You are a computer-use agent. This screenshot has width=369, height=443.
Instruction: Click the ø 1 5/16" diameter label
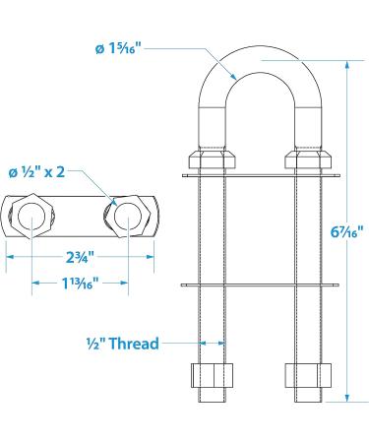point(118,49)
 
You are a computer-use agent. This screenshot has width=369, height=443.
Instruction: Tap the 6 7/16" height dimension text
point(347,232)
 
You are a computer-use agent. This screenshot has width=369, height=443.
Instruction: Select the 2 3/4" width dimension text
point(81,257)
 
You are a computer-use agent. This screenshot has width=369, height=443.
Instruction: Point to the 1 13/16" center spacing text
point(81,283)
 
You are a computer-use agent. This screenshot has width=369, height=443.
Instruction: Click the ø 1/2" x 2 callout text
point(36,172)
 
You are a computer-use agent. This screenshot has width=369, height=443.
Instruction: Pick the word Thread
point(134,344)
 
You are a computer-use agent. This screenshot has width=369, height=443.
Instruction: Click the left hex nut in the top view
point(31,216)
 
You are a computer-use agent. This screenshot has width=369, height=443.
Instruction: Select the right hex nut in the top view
point(128,216)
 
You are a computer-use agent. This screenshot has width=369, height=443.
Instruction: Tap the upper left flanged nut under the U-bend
point(212,159)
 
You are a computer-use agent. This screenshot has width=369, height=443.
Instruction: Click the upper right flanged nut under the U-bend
point(308,159)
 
